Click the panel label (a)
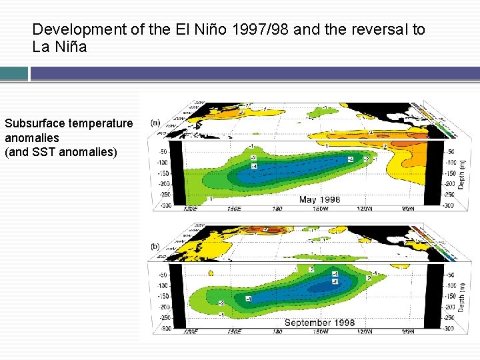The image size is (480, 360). (155, 123)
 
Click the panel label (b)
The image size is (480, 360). (155, 246)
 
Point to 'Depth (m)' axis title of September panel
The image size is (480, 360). (461, 295)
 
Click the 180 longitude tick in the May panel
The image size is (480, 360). (277, 209)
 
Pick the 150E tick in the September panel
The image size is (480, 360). (233, 331)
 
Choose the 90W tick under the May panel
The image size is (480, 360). (408, 209)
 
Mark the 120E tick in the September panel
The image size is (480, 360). (190, 331)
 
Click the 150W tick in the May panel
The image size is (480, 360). (321, 209)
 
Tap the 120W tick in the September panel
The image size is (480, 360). (365, 331)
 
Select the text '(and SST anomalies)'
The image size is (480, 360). (61, 152)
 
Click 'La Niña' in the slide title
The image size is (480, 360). (59, 47)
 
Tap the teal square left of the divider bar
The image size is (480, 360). (14, 73)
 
